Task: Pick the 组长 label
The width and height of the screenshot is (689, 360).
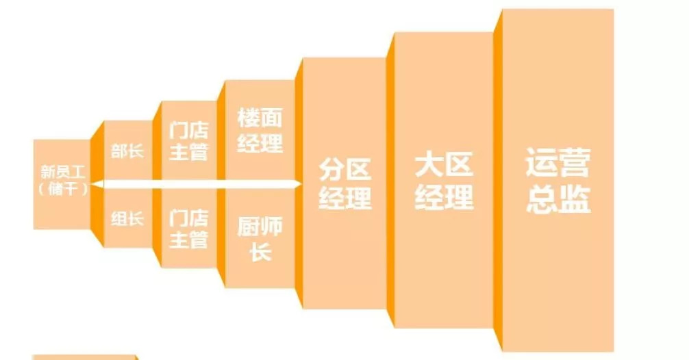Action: click(127, 219)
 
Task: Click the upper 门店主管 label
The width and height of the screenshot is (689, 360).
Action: click(188, 140)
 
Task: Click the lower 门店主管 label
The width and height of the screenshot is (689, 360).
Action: click(188, 229)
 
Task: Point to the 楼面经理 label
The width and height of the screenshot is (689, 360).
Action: click(260, 130)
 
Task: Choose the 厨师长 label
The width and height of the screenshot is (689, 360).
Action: click(260, 239)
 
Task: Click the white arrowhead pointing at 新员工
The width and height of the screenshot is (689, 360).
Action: click(98, 183)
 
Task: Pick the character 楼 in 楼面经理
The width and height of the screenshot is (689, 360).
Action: click(248, 117)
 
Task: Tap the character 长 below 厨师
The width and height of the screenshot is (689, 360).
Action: click(260, 252)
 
